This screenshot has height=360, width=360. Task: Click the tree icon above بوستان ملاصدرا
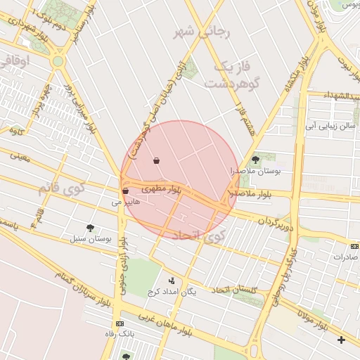point(255,160)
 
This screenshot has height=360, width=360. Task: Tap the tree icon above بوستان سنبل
point(90,227)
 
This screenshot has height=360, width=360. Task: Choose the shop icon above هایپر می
point(125,191)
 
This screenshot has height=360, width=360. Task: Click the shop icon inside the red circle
point(155,161)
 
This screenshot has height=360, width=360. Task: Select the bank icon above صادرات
point(354,247)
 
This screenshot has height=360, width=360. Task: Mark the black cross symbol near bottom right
point(342,340)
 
